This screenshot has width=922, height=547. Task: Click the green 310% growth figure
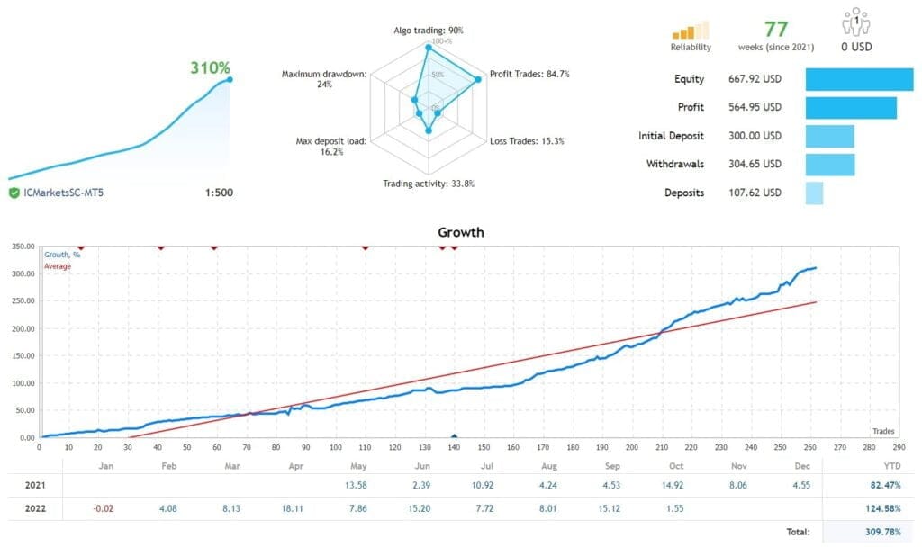210,68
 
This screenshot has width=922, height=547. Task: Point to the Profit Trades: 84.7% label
529,74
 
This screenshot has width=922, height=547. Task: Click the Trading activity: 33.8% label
429,184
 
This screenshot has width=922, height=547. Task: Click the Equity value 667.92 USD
755,79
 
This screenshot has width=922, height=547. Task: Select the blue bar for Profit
850,108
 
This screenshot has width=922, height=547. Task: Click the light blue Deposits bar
814,193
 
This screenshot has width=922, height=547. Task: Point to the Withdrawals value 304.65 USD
755,165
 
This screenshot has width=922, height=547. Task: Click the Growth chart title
461,232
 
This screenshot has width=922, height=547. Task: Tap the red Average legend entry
58,266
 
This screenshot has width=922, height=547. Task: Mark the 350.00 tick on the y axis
20,246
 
